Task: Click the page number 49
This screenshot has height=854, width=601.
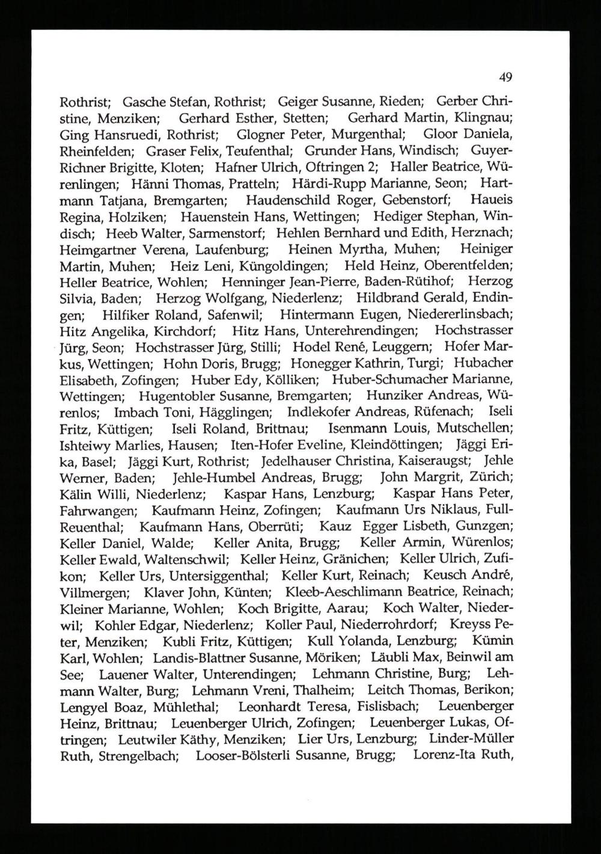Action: [505, 77]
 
